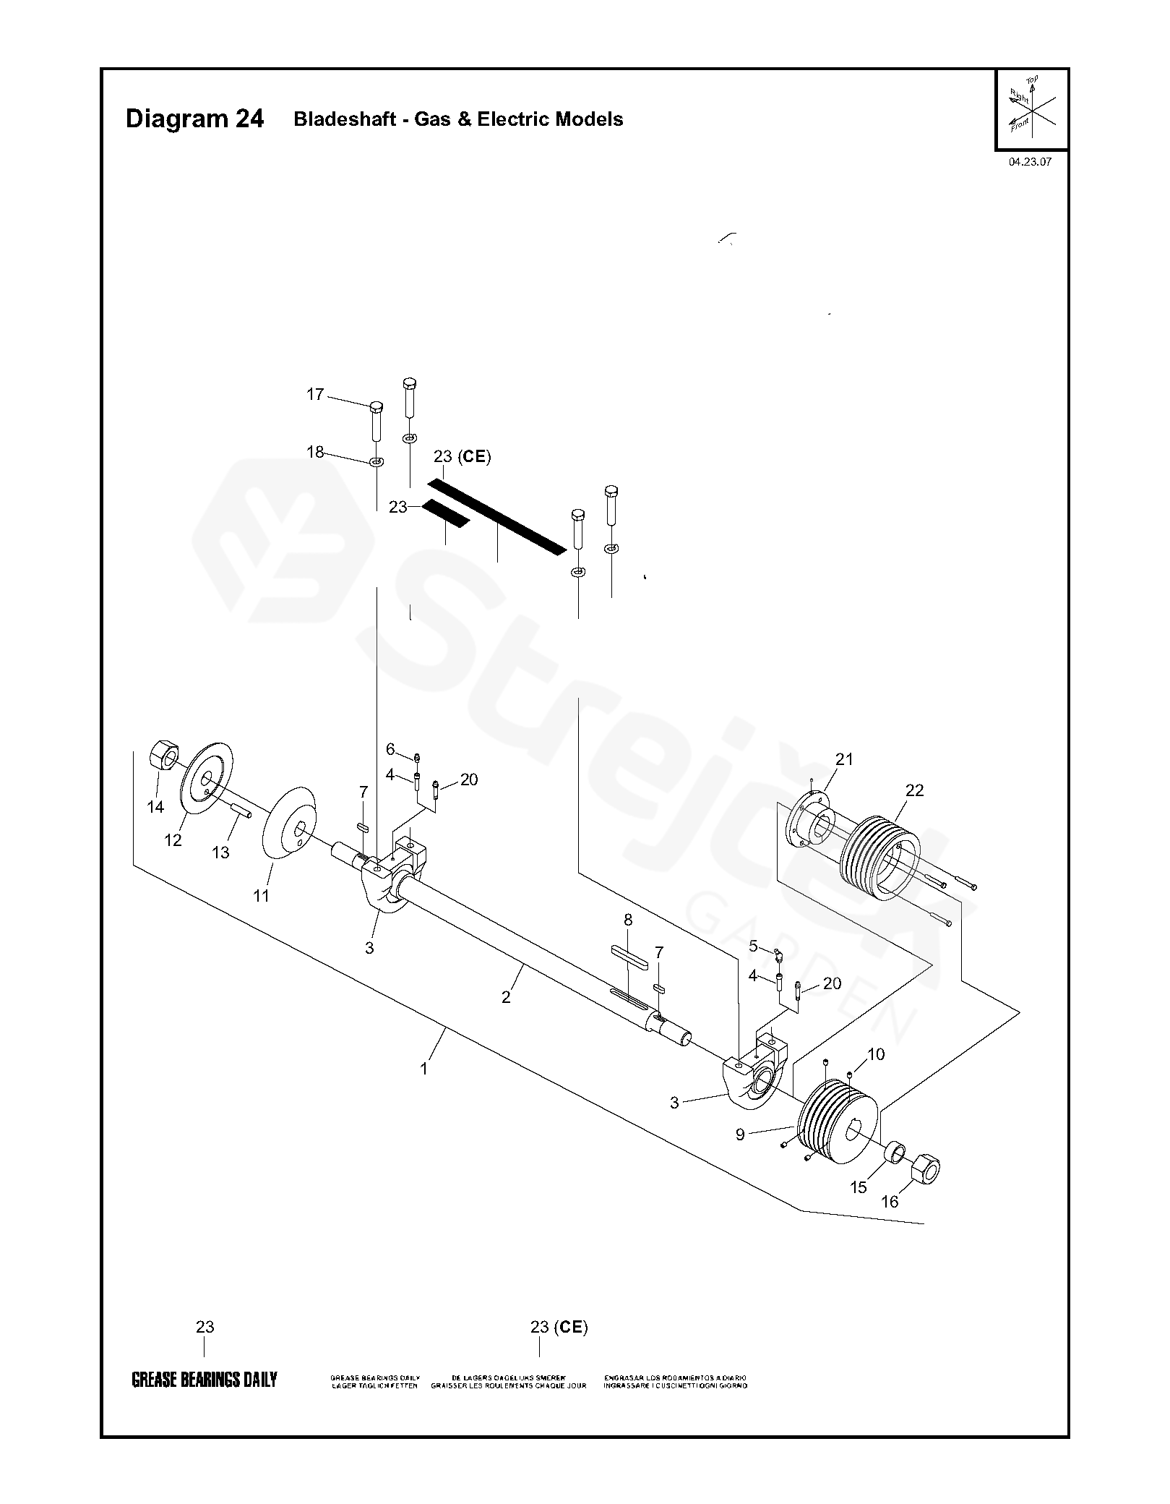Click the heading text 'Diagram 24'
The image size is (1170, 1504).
194,119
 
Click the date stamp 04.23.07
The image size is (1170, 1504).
1030,162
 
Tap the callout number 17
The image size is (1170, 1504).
315,395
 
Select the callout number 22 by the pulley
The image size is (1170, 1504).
914,790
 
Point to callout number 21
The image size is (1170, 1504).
844,759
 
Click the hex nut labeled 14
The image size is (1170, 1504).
164,756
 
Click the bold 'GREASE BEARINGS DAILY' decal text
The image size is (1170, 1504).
204,1380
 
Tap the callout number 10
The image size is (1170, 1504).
876,1054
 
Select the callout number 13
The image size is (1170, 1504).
220,853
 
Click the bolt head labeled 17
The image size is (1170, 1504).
376,406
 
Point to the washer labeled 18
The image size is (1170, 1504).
377,461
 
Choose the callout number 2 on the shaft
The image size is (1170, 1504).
506,997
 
